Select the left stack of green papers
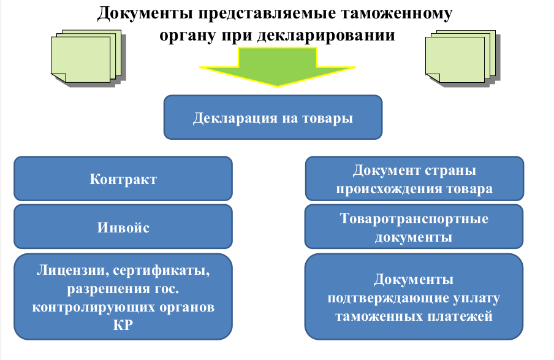point(88,58)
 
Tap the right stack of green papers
point(463,58)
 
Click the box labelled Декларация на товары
point(273,117)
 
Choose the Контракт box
point(123,178)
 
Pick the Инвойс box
point(123,227)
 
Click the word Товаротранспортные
point(414,218)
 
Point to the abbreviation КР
point(123,325)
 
